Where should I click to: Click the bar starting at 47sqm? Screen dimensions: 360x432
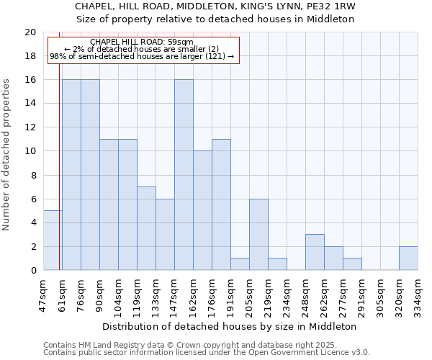click(52, 240)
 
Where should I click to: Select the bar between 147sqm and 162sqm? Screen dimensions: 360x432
click(184, 175)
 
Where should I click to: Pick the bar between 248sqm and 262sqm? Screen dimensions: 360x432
click(315, 252)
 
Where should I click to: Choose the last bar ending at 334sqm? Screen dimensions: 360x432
click(408, 258)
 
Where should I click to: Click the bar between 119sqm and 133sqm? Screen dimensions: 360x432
click(146, 228)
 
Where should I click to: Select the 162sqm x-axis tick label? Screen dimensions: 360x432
click(194, 293)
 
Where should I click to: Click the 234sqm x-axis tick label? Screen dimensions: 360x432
click(287, 293)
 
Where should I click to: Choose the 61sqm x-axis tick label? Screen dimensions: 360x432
click(63, 293)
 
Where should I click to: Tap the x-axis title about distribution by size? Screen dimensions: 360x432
click(230, 326)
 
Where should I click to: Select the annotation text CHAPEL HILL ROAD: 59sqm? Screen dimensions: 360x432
click(142, 42)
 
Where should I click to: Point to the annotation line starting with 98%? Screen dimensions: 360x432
click(142, 56)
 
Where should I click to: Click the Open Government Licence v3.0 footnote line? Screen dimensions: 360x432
click(207, 353)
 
